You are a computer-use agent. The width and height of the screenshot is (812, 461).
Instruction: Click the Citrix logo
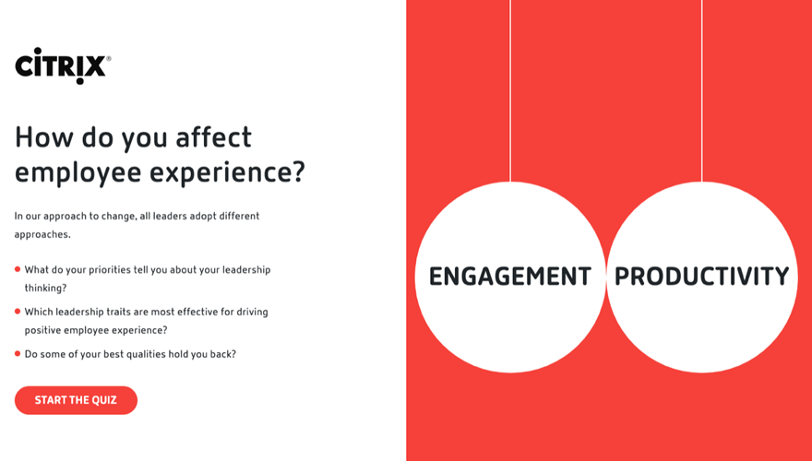pyautogui.click(x=63, y=65)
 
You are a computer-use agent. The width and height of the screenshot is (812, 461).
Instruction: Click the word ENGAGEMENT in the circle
pyautogui.click(x=510, y=277)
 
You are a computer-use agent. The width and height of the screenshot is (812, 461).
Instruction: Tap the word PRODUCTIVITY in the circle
pyautogui.click(x=701, y=277)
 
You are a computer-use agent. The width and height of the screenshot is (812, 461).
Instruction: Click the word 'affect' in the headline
pyautogui.click(x=214, y=137)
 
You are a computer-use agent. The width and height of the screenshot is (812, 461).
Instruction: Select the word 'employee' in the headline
pyautogui.click(x=78, y=173)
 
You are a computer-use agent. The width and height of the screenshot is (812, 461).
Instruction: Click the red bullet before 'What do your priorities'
pyautogui.click(x=18, y=269)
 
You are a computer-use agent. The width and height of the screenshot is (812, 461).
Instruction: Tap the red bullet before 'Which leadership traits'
pyautogui.click(x=18, y=312)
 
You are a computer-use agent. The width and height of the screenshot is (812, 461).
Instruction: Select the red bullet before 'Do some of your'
pyautogui.click(x=18, y=354)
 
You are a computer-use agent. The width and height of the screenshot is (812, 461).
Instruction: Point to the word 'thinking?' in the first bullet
pyautogui.click(x=45, y=289)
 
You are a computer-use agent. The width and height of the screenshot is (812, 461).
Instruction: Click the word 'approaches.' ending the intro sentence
pyautogui.click(x=42, y=235)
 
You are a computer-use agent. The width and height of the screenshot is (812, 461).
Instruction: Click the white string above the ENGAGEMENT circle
pyautogui.click(x=510, y=90)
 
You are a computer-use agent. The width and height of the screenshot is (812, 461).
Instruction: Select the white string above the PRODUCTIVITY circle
pyautogui.click(x=702, y=90)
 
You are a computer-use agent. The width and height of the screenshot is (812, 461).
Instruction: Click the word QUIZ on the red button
pyautogui.click(x=105, y=400)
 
